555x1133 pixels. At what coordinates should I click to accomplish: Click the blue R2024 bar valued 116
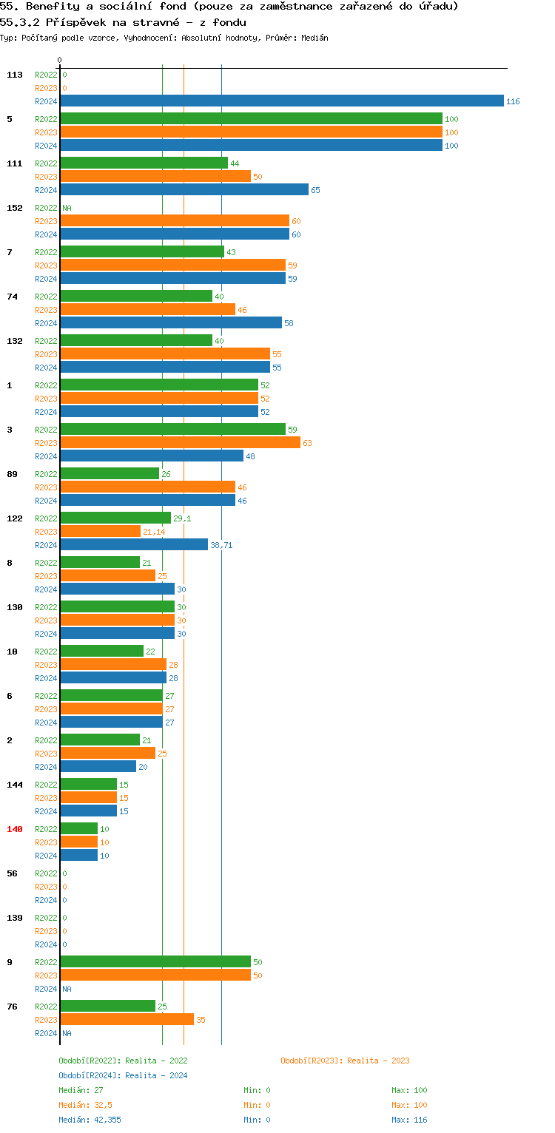click(281, 101)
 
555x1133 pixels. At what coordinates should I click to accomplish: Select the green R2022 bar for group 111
click(144, 163)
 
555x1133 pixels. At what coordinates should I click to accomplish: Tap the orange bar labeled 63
click(180, 443)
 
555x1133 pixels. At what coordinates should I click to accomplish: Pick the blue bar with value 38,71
click(134, 545)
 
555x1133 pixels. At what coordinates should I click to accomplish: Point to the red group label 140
click(15, 829)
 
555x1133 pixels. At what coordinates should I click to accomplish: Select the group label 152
click(15, 208)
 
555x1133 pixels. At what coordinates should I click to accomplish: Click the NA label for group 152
click(67, 208)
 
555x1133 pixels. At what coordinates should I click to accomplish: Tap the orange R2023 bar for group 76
click(127, 1020)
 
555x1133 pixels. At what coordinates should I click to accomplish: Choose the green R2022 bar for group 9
click(155, 962)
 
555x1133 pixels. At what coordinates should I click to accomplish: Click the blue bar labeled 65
click(184, 190)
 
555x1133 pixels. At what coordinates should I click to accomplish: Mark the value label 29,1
click(182, 518)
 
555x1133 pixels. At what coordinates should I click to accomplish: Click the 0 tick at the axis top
click(60, 60)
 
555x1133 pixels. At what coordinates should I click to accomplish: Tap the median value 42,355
click(108, 1120)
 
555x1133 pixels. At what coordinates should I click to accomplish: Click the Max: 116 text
click(409, 1120)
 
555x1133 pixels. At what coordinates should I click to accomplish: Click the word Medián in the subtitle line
click(314, 38)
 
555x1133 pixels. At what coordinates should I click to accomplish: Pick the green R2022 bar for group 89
click(110, 474)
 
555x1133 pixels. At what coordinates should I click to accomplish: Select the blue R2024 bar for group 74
click(171, 323)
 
